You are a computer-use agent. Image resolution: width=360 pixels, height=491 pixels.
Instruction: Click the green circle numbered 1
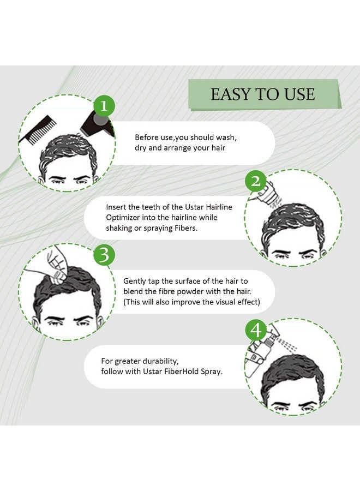click(x=105, y=106)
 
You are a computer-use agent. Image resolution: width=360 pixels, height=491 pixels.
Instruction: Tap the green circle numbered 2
click(x=256, y=181)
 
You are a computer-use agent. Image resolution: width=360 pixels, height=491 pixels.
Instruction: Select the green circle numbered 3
click(x=105, y=255)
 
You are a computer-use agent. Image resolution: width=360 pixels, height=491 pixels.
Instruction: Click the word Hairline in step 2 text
click(x=219, y=207)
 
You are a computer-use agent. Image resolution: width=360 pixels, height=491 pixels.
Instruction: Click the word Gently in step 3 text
click(x=135, y=282)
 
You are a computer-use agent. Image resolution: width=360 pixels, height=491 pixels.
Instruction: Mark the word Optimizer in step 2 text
click(x=123, y=218)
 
